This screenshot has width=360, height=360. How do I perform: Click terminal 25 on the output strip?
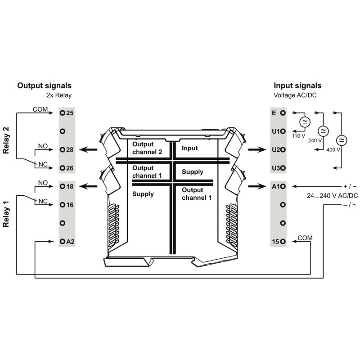63,112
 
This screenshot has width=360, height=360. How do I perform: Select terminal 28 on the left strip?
63,149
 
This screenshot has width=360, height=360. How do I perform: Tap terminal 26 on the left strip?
63,168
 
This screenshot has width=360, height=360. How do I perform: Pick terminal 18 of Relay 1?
63,186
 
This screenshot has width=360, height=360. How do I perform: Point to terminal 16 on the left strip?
63,205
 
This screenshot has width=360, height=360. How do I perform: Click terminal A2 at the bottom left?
63,242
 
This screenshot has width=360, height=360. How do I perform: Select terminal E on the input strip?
283,112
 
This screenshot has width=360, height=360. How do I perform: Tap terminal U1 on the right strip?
283,131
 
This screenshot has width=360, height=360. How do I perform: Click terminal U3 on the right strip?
283,168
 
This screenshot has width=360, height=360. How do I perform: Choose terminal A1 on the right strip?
283,186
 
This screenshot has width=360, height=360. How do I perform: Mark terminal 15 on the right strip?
283,242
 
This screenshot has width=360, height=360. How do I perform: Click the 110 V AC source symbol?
305,122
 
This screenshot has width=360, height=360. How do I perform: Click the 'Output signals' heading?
44,85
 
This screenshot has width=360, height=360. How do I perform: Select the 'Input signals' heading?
297,85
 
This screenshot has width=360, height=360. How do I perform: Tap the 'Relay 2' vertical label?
6,140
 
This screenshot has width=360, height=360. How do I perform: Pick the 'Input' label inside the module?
189,148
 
